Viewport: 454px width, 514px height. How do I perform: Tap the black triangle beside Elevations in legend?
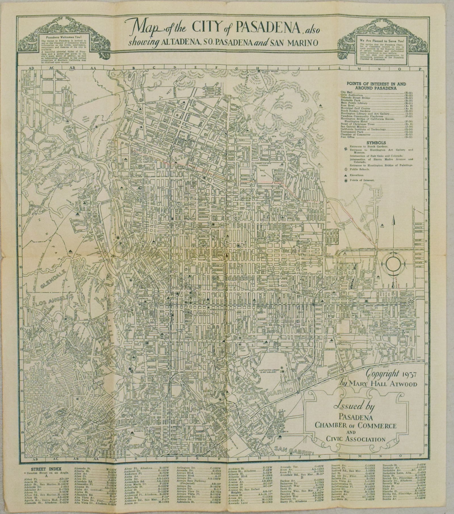[x=345, y=175]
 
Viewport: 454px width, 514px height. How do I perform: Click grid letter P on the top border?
[x=418, y=68]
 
